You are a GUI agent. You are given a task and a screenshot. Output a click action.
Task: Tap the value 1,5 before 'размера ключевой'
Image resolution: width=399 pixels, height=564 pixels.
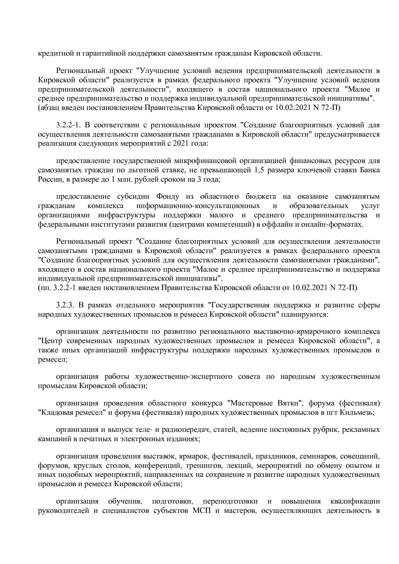tap(259, 170)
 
